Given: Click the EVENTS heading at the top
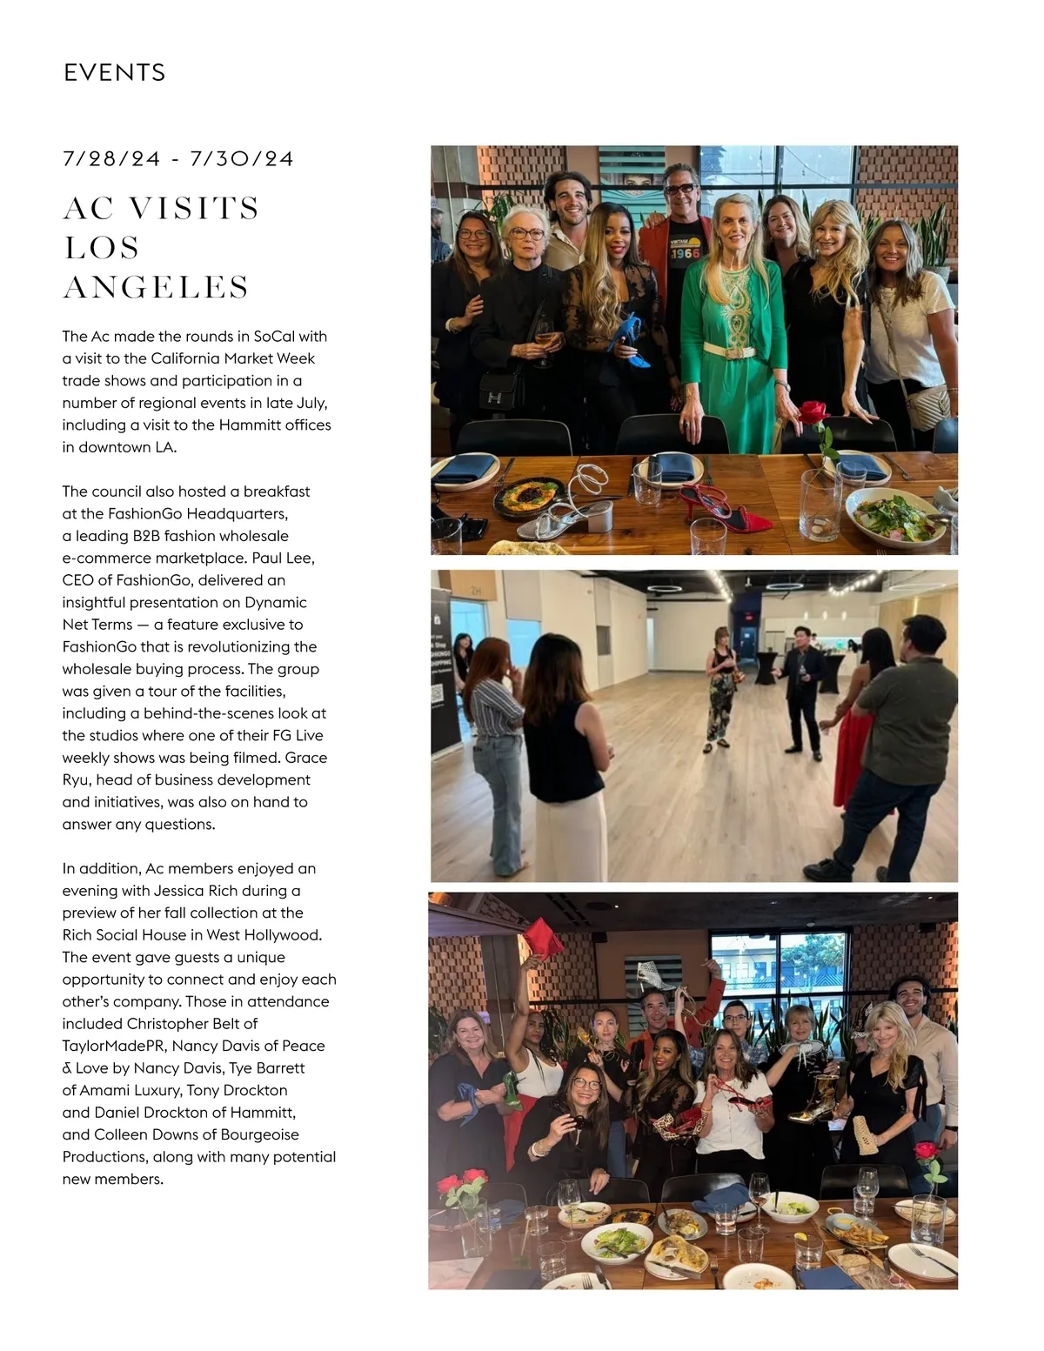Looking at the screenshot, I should click(114, 72).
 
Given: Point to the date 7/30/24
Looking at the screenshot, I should click(242, 159).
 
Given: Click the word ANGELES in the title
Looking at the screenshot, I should click(157, 287).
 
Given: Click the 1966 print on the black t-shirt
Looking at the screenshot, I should click(685, 253).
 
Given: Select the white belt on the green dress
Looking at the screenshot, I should click(728, 351).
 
